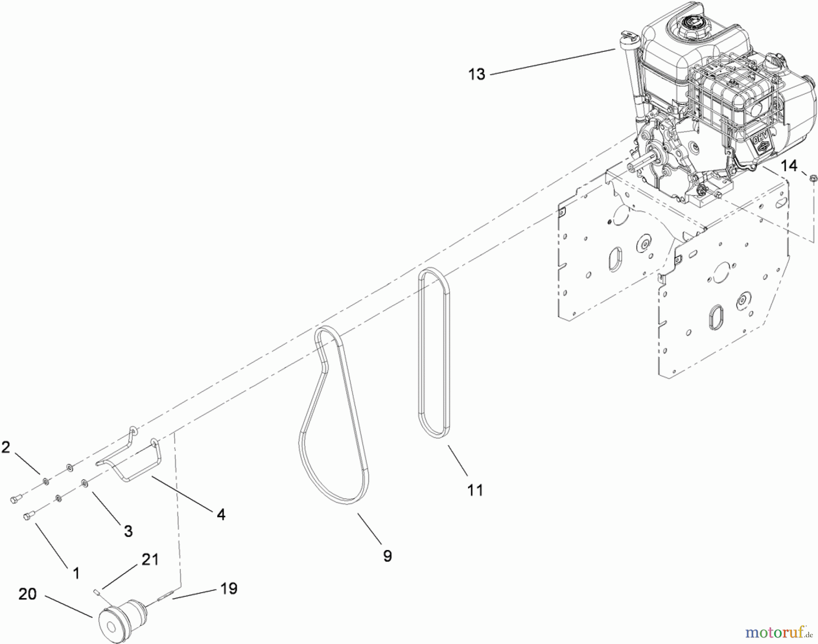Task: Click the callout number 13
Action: coord(477,74)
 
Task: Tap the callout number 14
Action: coord(789,166)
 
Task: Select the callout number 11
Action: coord(475,490)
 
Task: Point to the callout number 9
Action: coord(387,556)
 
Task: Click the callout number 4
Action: coord(221,515)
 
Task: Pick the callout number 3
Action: coord(128,531)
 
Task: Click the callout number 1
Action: coord(76,573)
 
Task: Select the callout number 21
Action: coord(150,560)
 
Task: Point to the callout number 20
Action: coord(27,594)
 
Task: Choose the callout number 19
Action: coord(229,589)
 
